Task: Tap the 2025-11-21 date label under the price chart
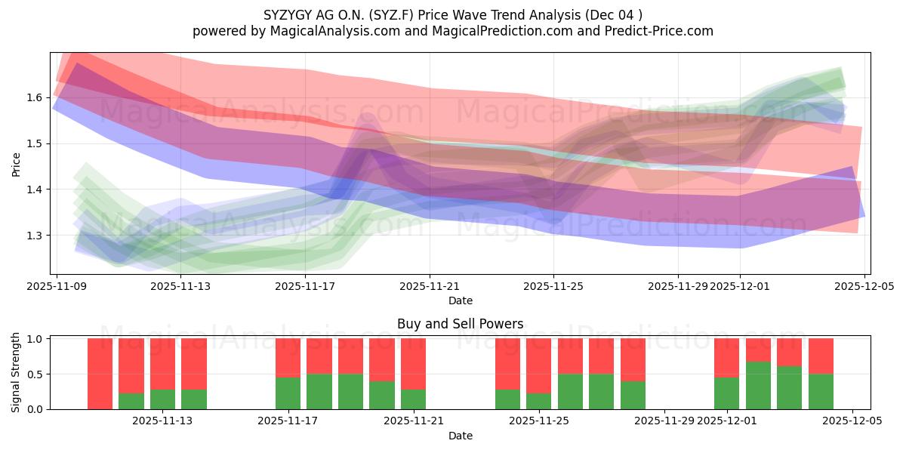[430, 286]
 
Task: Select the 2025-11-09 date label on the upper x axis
[57, 286]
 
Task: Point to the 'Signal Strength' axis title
[16, 373]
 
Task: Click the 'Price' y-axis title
[16, 164]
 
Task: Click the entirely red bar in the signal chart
[100, 374]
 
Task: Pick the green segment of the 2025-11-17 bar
[288, 393]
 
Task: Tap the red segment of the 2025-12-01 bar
[726, 358]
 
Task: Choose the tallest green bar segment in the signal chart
[758, 385]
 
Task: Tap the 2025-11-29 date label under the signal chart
[664, 421]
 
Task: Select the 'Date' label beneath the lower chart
[460, 436]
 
